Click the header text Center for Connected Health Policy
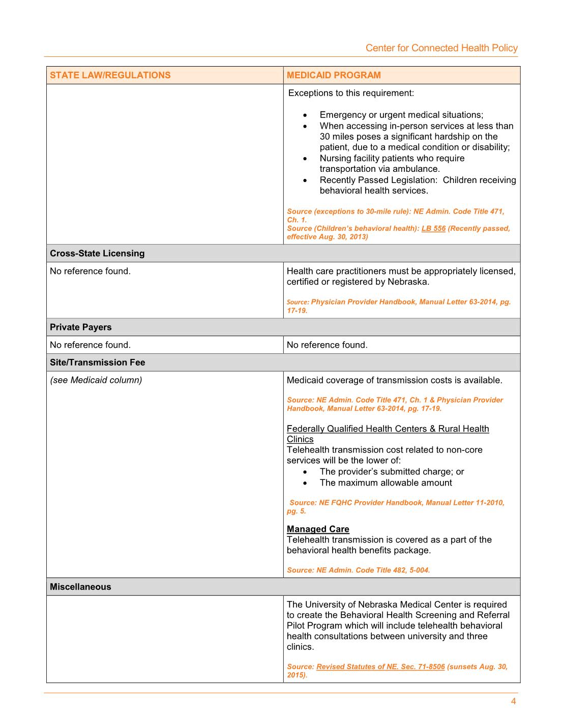(x=441, y=48)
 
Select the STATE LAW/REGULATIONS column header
(x=110, y=75)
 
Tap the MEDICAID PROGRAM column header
(x=334, y=75)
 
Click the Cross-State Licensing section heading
(x=97, y=253)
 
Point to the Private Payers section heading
(x=80, y=327)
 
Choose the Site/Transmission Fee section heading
(x=97, y=362)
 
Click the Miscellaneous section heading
(x=80, y=587)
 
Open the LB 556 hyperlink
(x=433, y=228)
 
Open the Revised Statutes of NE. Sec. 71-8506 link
(x=380, y=667)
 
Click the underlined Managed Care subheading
(x=318, y=529)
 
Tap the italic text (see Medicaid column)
(x=96, y=380)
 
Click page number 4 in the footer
(x=513, y=702)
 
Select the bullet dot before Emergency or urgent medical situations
(x=305, y=115)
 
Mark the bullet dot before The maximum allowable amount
(x=305, y=483)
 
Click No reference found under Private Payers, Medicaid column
(x=327, y=345)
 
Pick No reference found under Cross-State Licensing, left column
(x=90, y=271)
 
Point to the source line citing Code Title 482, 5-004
(x=358, y=570)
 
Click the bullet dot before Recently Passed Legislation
(x=305, y=180)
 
